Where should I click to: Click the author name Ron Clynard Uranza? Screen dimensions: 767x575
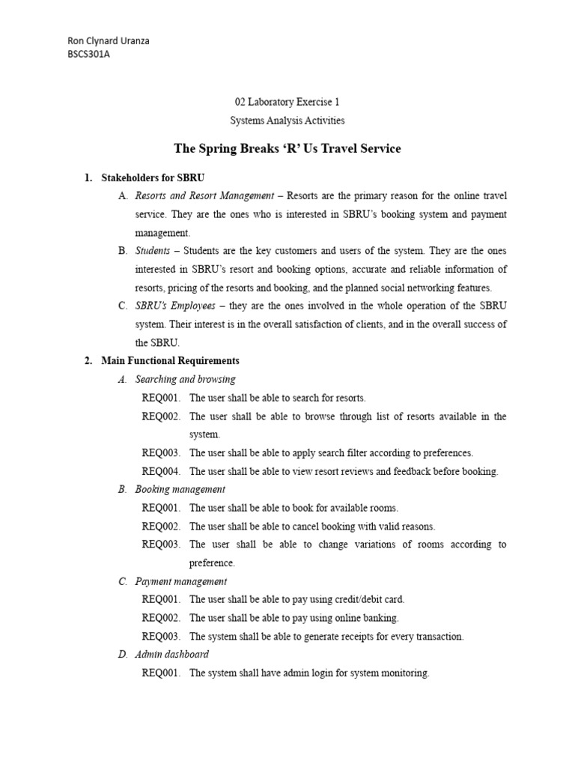click(x=108, y=40)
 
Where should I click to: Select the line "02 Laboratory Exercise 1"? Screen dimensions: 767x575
click(x=287, y=102)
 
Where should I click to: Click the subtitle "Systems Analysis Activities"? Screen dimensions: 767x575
click(x=287, y=120)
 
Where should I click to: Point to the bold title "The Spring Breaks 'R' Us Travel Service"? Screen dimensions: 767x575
click(x=287, y=148)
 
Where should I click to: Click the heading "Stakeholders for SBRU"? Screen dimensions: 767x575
click(x=153, y=178)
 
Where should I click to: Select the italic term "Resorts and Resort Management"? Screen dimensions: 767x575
click(x=204, y=196)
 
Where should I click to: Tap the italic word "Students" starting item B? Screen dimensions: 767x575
click(x=153, y=251)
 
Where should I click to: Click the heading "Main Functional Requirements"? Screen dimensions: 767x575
click(x=170, y=361)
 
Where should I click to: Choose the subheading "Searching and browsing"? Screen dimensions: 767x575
click(x=185, y=379)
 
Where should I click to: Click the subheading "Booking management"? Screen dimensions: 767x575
click(x=180, y=489)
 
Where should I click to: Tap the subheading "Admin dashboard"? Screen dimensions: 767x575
click(x=171, y=655)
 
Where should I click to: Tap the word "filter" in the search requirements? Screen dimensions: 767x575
click(x=348, y=452)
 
